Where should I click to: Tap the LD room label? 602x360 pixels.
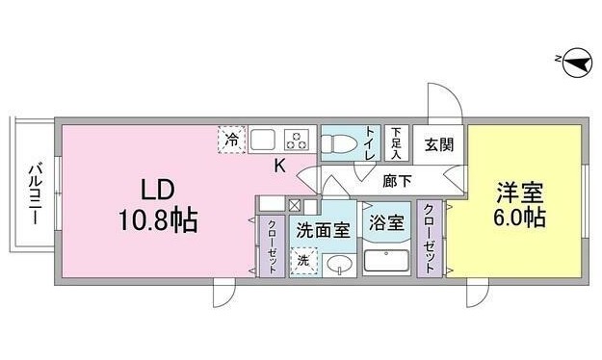coord(158,190)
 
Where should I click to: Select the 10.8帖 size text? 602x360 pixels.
coord(158,219)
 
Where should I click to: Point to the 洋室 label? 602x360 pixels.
coord(520,193)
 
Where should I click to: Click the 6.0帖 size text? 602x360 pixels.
coord(519,218)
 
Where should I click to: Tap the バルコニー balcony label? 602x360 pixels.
coord(36,193)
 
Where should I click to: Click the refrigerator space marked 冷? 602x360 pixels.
coord(231,140)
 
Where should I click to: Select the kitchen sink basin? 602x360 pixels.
coord(263,140)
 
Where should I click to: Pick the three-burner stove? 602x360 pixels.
coord(297,140)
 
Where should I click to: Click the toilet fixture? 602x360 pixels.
coord(339,142)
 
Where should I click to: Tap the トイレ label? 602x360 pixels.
coord(370,143)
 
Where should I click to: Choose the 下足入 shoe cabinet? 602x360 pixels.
coord(396,143)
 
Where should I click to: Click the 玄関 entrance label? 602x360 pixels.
coord(439,144)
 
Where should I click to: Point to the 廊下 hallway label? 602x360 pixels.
coord(398,181)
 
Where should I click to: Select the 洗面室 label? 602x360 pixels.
coord(323,230)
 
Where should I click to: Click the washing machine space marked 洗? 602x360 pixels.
coord(304,261)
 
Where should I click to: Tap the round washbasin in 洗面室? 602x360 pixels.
coord(339,265)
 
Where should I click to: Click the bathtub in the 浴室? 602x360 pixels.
coord(386,261)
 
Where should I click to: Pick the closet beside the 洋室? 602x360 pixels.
coord(430,238)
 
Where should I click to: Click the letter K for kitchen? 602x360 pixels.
coord(279,166)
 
